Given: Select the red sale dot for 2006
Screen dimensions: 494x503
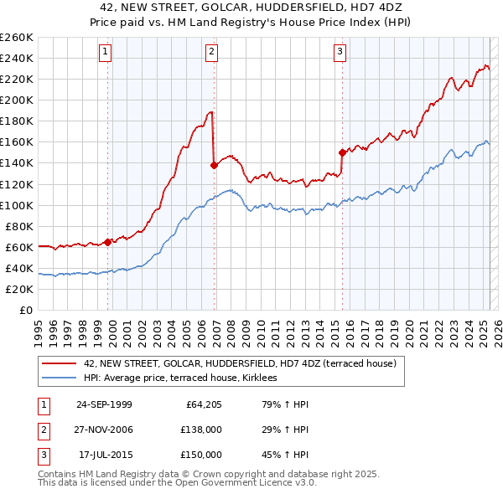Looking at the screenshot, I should coord(214,165).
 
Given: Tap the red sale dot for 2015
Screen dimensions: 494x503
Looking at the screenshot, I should coord(342,152).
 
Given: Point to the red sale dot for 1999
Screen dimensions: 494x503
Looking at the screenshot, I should coord(108,243).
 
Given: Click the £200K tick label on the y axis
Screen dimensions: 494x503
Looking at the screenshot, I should coord(17,100).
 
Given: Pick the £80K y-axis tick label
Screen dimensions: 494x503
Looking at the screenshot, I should coord(19,226).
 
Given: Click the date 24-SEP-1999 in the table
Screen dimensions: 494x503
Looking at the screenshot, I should coord(104,404).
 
